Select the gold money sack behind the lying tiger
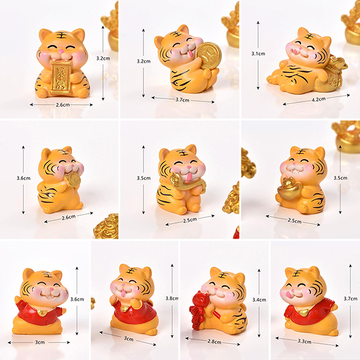(332, 73)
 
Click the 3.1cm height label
(258, 54)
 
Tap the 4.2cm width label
(319, 99)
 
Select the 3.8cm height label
(172, 298)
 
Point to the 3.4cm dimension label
(259, 300)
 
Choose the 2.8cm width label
(214, 342)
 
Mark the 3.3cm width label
(304, 341)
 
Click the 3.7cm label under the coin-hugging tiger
(182, 100)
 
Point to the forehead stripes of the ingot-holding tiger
(302, 151)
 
